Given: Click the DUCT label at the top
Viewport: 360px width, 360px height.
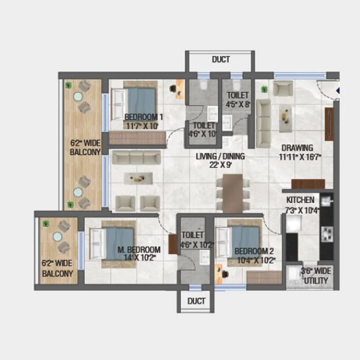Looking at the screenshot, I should (x=220, y=59).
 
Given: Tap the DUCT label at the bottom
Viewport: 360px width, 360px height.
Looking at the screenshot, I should (x=196, y=301).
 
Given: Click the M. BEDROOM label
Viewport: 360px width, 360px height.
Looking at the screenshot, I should (x=144, y=250).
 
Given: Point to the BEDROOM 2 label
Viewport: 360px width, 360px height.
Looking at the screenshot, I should (x=254, y=251).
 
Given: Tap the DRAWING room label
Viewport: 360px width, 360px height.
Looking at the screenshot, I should (x=297, y=148).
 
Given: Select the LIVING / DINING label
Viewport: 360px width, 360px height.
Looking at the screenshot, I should (x=220, y=157).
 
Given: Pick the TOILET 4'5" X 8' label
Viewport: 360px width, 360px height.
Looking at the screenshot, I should (x=237, y=95).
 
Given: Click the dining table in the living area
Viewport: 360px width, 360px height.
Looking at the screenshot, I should (x=233, y=193).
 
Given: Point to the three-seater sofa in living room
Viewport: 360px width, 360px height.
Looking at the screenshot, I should (x=136, y=157).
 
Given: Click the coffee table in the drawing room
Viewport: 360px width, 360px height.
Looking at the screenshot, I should (x=285, y=117).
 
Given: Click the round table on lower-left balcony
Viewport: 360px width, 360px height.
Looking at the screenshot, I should (x=57, y=237).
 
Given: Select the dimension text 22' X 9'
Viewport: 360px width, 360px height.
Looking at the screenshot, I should (x=220, y=165).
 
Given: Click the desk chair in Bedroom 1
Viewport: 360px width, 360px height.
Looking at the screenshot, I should (x=173, y=89).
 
